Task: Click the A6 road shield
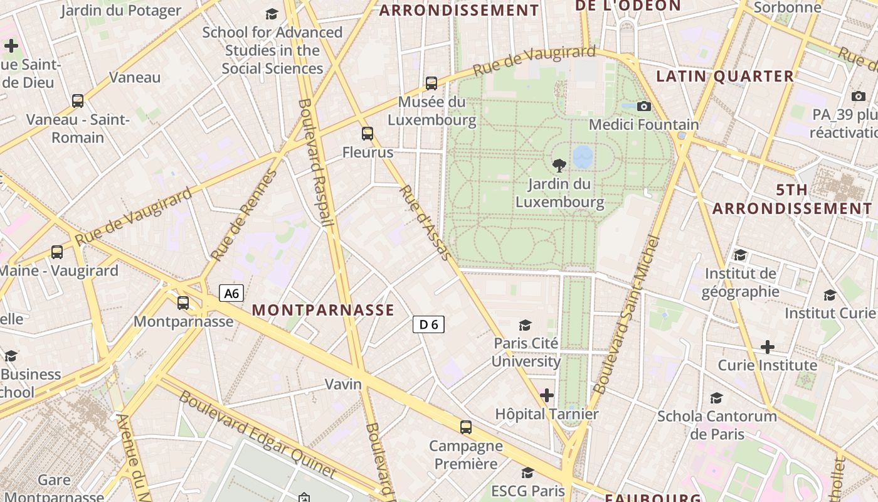click(x=231, y=293)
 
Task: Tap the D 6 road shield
click(x=428, y=324)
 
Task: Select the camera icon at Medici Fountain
click(x=643, y=107)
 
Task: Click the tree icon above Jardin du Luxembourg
click(x=559, y=166)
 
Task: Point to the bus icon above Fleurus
click(x=368, y=134)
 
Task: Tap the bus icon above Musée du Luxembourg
click(x=431, y=83)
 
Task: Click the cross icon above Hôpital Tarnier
click(x=547, y=395)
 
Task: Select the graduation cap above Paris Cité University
click(x=526, y=325)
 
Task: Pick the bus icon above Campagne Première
click(x=465, y=427)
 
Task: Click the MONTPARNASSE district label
click(x=323, y=310)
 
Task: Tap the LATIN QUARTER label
click(x=725, y=77)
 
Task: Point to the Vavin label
click(x=343, y=384)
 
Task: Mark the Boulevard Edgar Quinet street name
click(x=258, y=433)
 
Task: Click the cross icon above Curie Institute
click(x=767, y=347)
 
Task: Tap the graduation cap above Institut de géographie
click(x=741, y=255)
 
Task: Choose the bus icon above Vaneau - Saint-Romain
click(x=78, y=101)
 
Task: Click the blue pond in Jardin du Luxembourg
click(x=583, y=157)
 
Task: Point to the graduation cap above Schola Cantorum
click(x=716, y=398)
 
